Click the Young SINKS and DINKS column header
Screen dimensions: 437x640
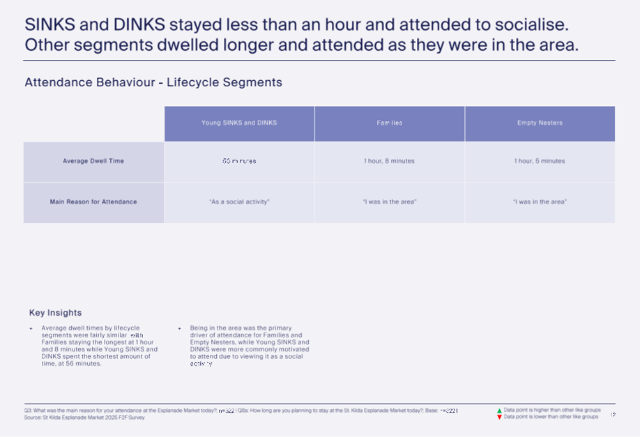[x=239, y=123]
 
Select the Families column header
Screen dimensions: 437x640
[x=389, y=123]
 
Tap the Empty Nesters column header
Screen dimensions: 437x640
[x=540, y=123]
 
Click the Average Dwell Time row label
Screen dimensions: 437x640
[x=93, y=161]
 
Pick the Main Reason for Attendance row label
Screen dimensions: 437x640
[x=93, y=202]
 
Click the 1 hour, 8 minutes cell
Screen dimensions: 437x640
[x=389, y=161]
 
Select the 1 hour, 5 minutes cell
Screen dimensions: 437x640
[x=540, y=161]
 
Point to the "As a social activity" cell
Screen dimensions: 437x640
[x=239, y=202]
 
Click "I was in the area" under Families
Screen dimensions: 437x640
[x=389, y=202]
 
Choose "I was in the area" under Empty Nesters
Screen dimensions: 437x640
[x=540, y=202]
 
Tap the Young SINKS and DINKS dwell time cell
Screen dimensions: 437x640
[x=239, y=161]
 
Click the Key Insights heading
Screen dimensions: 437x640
[x=55, y=313]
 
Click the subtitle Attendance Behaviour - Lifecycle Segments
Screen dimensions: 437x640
[x=153, y=82]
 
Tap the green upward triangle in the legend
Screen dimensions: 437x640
[x=499, y=411]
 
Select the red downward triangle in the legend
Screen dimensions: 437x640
[x=499, y=417]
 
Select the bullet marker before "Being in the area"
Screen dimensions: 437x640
[x=179, y=328]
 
